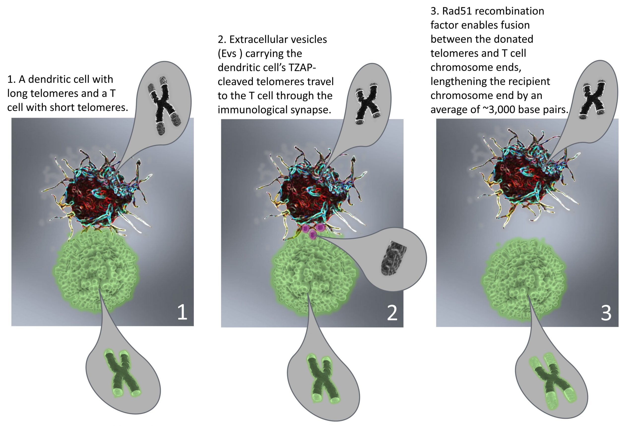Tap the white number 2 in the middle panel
coord(392,313)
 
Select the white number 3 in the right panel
coord(606,313)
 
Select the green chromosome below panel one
coord(122,374)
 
